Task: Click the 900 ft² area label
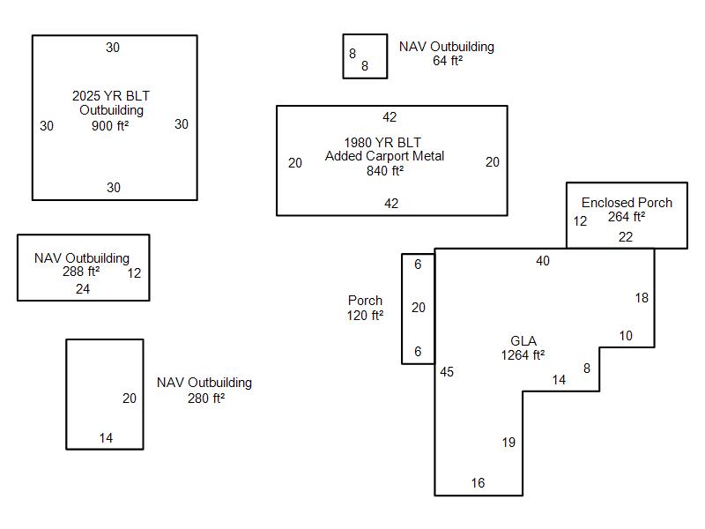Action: (110, 125)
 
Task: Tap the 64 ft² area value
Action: (448, 61)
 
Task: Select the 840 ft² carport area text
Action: (385, 170)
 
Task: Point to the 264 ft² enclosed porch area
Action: (627, 216)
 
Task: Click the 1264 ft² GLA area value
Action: (523, 355)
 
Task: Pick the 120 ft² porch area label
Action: (365, 315)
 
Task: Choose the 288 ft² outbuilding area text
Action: (81, 272)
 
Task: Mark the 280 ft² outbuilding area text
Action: (205, 398)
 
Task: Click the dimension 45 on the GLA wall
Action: (447, 372)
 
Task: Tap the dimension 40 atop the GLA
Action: (543, 261)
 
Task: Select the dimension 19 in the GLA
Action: (508, 443)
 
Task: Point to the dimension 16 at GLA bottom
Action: (478, 483)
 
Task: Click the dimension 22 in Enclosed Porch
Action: (626, 236)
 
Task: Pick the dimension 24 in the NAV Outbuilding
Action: (83, 288)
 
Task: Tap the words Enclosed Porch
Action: (627, 203)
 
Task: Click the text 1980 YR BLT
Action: (382, 143)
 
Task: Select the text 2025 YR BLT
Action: (111, 96)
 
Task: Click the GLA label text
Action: (523, 341)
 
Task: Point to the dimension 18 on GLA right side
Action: (642, 298)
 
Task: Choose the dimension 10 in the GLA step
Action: (626, 336)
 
